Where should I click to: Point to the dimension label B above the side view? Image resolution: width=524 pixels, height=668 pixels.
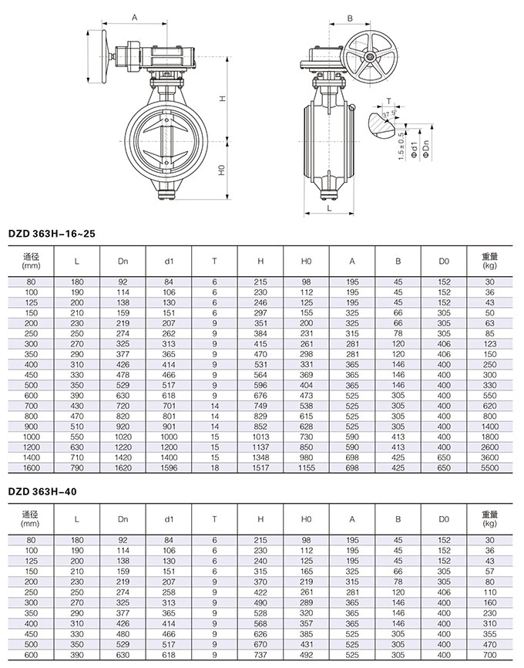[x=349, y=18]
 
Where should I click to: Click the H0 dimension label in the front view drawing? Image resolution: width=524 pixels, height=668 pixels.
[x=220, y=169]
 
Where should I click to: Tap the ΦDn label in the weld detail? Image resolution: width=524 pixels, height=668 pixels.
[x=426, y=147]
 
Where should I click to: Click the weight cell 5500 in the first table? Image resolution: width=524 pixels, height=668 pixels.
[x=490, y=468]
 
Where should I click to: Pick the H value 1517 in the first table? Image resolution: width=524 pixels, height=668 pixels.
[x=260, y=468]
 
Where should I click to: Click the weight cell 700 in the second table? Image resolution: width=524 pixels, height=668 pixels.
[x=490, y=656]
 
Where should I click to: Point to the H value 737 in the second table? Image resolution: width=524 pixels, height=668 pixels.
[x=260, y=656]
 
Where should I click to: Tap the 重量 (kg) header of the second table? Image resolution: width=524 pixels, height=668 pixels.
[x=490, y=520]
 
